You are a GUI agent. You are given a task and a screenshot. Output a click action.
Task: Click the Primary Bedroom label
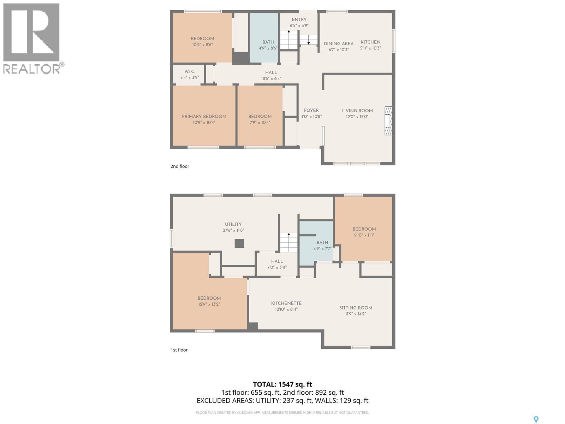204,117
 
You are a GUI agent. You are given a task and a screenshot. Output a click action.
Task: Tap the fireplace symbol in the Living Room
388,120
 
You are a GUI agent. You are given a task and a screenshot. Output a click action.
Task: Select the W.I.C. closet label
190,72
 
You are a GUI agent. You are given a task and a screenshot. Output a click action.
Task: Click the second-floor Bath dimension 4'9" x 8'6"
268,48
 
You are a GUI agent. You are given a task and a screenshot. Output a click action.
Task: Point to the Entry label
299,20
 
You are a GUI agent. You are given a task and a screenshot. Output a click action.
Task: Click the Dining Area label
338,44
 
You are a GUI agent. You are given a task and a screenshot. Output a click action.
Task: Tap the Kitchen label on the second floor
370,42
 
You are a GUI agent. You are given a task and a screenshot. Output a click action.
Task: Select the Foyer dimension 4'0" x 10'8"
311,117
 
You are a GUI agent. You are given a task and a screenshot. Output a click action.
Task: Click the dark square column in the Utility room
239,243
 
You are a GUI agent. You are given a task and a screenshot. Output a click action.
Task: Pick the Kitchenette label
286,304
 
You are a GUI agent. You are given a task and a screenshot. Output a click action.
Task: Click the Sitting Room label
356,308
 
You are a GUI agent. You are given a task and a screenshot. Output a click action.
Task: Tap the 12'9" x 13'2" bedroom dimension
209,304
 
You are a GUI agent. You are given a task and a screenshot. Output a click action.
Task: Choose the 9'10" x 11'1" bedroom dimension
364,235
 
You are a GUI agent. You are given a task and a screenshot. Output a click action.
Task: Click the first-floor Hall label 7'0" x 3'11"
277,261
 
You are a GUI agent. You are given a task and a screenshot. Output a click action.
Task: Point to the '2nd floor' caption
180,166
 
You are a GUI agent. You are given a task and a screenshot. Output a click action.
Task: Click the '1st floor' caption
179,350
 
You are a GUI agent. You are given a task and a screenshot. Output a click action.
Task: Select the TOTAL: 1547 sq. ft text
282,384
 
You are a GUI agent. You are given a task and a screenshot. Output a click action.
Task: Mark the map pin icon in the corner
536,419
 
